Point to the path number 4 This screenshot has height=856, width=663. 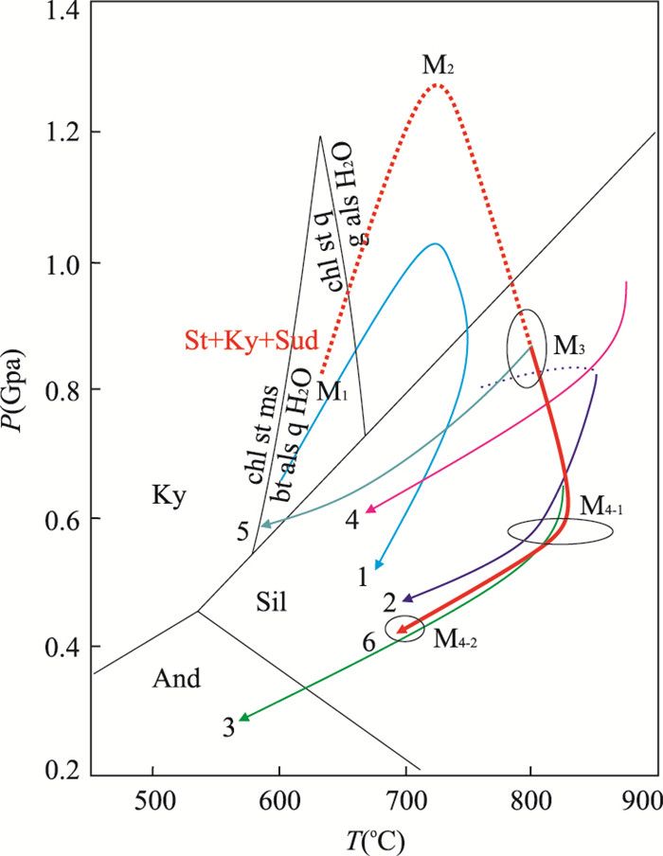tap(350, 519)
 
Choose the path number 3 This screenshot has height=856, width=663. tap(228, 727)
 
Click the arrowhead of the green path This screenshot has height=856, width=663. tap(242, 720)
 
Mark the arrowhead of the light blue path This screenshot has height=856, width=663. tap(379, 567)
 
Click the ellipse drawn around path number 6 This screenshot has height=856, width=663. tap(404, 629)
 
